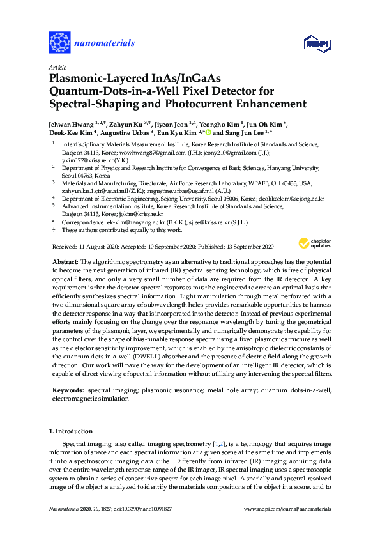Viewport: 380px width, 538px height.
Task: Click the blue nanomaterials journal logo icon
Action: (x=59, y=43)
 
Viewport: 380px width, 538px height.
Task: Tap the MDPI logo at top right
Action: (x=317, y=43)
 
